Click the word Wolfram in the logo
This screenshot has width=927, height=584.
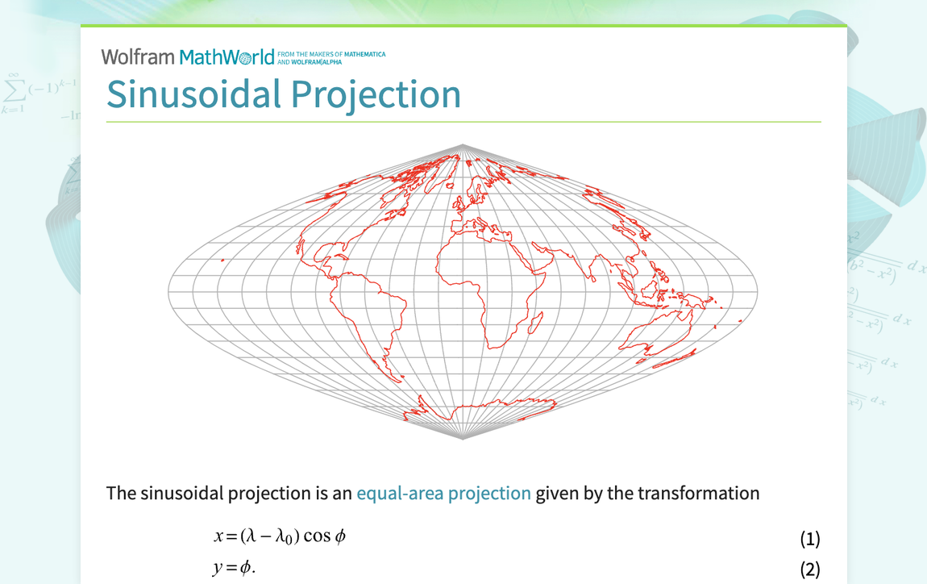(138, 57)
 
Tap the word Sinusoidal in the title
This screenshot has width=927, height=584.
(193, 94)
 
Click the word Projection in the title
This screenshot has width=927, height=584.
(376, 94)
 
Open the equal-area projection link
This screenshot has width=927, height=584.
(443, 493)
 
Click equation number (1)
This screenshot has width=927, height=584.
(809, 538)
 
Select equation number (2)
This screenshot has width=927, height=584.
(809, 569)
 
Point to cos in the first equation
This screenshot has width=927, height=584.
(316, 536)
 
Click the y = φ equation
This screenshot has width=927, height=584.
(234, 568)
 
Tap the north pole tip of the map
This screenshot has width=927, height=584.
(463, 145)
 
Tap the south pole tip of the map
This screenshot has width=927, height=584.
(463, 439)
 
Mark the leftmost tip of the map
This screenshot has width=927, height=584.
(168, 292)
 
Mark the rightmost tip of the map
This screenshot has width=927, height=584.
(757, 292)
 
